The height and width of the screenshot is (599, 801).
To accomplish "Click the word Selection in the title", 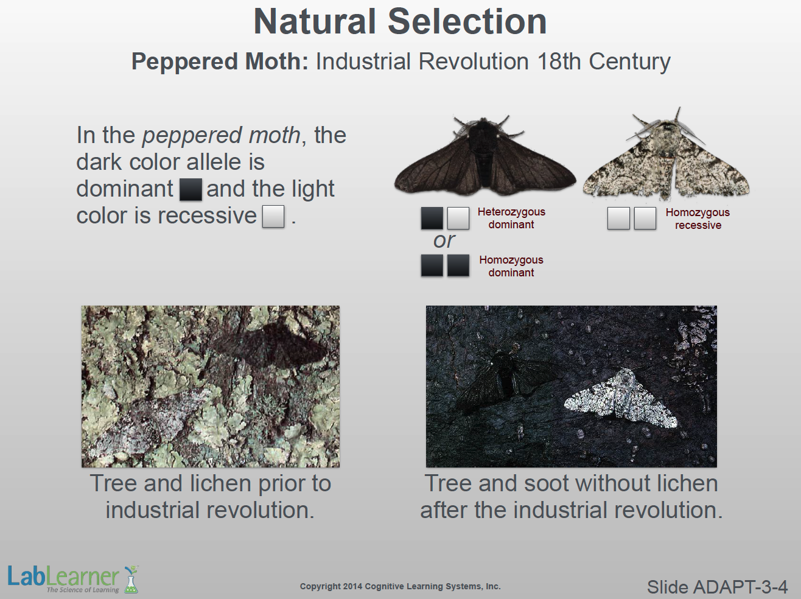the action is click(x=467, y=22).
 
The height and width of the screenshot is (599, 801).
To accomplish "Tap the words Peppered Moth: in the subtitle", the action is click(x=220, y=61).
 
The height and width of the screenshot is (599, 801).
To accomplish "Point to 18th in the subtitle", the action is click(x=559, y=61).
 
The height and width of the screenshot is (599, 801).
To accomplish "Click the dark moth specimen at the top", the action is click(x=485, y=155).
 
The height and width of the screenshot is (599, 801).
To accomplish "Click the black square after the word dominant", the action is click(x=191, y=189).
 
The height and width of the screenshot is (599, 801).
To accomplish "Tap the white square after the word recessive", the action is click(x=273, y=216).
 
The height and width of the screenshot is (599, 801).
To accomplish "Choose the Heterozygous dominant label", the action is click(x=511, y=218).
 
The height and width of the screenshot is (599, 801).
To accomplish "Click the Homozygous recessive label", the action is click(x=698, y=219).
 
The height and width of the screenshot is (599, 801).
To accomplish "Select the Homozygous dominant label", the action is click(x=511, y=266).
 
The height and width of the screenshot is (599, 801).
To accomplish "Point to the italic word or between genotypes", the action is click(x=444, y=241).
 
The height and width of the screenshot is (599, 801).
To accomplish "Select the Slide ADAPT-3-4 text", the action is click(x=718, y=587).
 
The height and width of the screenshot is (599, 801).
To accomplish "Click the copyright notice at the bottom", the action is click(x=400, y=586).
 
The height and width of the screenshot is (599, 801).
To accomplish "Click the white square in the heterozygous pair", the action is click(x=458, y=218).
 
